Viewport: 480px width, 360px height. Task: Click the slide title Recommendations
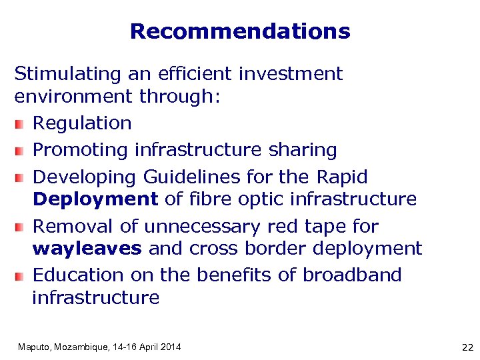click(x=240, y=31)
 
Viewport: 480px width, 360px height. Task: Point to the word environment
click(x=73, y=97)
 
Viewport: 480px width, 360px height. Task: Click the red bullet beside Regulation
click(x=20, y=124)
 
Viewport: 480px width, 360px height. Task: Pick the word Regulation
click(x=82, y=123)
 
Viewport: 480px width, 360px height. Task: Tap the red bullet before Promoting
click(x=20, y=151)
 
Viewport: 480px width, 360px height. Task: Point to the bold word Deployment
click(x=95, y=199)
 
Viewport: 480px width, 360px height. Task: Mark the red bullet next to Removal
click(x=20, y=227)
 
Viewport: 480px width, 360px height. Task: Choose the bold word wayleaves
click(x=87, y=249)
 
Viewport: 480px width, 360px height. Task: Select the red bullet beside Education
click(x=20, y=276)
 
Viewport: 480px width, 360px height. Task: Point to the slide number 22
click(x=467, y=347)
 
